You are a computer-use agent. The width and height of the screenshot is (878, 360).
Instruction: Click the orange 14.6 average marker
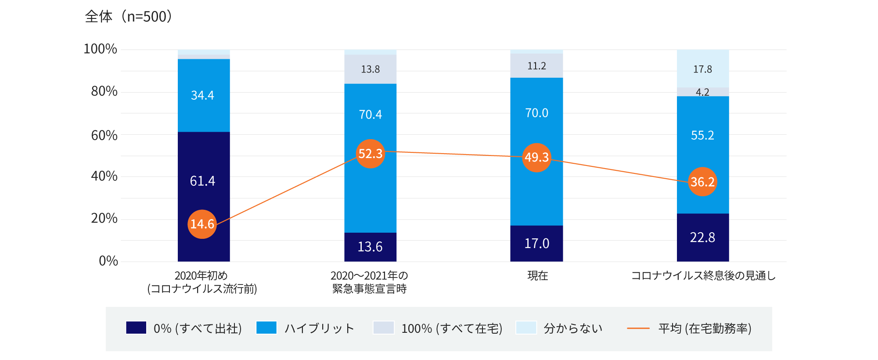[x=202, y=224]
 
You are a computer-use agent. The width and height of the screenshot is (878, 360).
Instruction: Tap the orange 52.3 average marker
[x=370, y=154]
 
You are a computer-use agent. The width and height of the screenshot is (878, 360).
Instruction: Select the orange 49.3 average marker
[x=536, y=157]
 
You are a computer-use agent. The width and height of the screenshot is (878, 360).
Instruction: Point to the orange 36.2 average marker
[x=702, y=182]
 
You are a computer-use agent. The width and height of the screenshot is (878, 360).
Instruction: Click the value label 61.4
[x=202, y=181]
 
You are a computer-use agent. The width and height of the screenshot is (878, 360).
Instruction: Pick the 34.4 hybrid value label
[x=202, y=95]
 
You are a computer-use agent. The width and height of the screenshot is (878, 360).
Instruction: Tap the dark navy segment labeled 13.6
[x=370, y=247]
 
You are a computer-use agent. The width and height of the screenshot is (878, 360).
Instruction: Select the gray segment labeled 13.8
[x=370, y=69]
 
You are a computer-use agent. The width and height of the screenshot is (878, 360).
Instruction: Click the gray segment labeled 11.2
[x=536, y=66]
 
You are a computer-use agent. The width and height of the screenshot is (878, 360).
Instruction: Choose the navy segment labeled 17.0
[x=536, y=243]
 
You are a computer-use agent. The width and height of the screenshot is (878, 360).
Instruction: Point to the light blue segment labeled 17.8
[x=702, y=69]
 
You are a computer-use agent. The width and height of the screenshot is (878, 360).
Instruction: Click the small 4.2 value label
[x=702, y=92]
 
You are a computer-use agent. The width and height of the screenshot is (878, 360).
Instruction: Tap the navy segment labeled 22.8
[x=702, y=238]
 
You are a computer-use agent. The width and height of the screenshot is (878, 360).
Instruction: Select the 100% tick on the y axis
[x=100, y=49]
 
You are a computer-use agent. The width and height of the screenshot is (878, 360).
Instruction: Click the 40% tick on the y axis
[x=104, y=176]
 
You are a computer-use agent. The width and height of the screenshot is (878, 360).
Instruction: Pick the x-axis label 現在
[x=537, y=276]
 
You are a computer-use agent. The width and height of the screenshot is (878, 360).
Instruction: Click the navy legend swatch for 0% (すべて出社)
[x=136, y=328]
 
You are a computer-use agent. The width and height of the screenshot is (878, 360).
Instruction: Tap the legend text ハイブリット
[x=319, y=328]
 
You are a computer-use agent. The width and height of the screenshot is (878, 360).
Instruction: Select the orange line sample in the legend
[x=638, y=328]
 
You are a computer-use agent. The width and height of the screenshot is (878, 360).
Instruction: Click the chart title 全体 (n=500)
[x=128, y=17]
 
